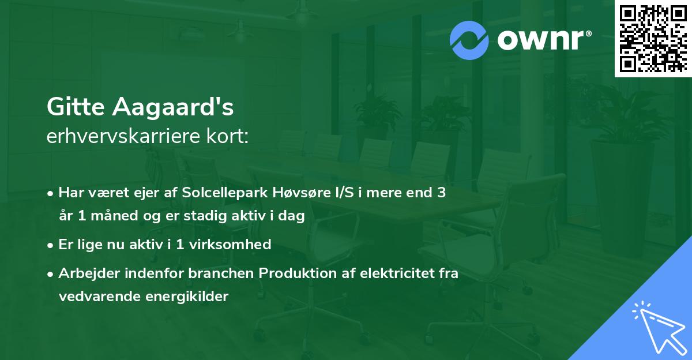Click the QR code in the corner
click(653, 39)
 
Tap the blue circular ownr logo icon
click(469, 40)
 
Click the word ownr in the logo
click(540, 40)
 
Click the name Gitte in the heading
click(76, 107)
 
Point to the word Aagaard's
click(172, 107)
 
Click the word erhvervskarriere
click(123, 136)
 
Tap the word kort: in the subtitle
click(227, 136)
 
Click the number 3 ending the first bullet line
click(442, 193)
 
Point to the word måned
click(114, 216)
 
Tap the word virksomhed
click(230, 245)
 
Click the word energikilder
click(187, 297)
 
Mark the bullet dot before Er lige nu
click(50, 246)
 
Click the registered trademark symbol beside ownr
click(588, 33)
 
